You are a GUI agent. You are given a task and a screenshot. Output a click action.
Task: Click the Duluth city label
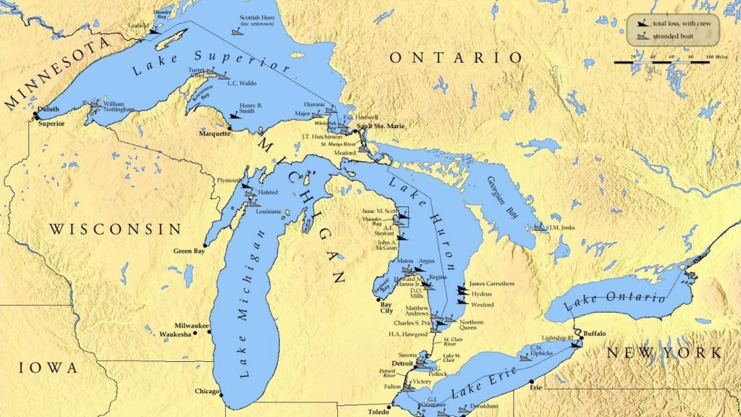pos(49,110)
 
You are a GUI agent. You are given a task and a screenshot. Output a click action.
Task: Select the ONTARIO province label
pos(454,58)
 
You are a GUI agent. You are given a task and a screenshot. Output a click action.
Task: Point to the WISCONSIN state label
pos(115,229)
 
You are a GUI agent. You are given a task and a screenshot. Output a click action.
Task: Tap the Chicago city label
pos(207,392)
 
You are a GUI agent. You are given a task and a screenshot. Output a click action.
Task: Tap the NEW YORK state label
pos(664,353)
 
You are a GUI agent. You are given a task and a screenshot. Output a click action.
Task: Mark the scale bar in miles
pos(661,62)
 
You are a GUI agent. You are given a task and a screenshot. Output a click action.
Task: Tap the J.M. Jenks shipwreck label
pos(562,228)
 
